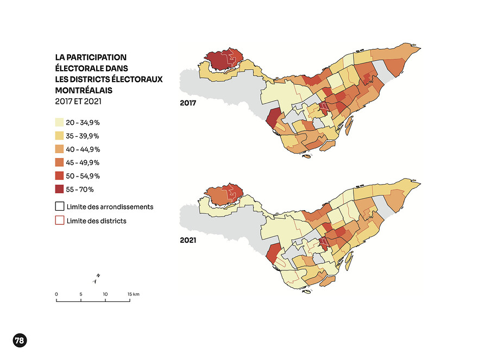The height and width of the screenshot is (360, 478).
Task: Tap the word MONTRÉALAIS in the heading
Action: (x=83, y=90)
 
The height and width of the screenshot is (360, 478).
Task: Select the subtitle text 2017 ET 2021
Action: (x=78, y=100)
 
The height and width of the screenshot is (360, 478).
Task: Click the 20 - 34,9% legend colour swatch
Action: (x=60, y=122)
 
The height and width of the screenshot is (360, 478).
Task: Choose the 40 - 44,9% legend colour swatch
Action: (x=60, y=149)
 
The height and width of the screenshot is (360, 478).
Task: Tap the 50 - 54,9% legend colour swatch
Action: (x=60, y=176)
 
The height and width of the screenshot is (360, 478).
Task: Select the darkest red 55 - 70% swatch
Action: (x=60, y=190)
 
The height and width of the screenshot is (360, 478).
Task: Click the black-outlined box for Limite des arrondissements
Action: (x=60, y=207)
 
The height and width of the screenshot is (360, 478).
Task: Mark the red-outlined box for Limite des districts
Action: (x=60, y=220)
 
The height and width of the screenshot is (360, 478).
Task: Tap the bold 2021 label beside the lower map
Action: (x=188, y=239)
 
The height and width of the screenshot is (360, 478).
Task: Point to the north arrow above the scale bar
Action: (x=96, y=279)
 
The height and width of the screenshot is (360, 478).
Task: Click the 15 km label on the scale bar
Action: (x=134, y=294)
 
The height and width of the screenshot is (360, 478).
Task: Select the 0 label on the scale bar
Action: (x=56, y=294)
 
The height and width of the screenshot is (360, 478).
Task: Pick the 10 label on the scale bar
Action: (x=105, y=294)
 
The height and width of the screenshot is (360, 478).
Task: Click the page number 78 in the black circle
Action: (x=19, y=340)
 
